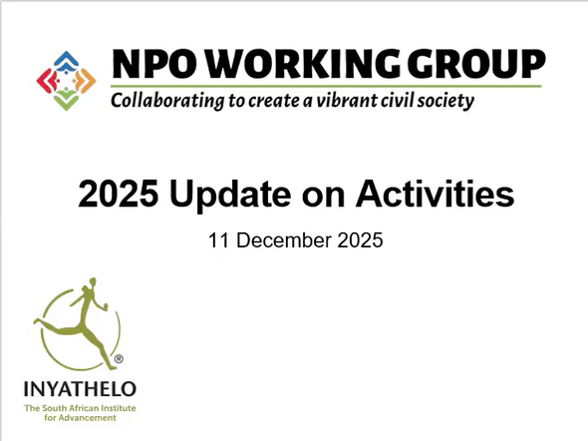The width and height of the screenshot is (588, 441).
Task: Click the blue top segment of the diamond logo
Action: coord(66,60)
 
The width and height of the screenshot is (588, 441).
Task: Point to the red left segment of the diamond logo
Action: coord(46,81)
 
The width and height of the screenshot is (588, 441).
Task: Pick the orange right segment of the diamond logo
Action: coord(86,81)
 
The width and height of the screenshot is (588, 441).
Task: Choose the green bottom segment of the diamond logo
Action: coord(66,101)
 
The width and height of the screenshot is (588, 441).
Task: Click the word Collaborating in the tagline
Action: coord(167,101)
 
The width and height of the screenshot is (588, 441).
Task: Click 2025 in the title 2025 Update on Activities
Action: coord(119,194)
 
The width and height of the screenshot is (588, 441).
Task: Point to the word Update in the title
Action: coord(230,195)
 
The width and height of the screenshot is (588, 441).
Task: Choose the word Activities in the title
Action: coord(435,194)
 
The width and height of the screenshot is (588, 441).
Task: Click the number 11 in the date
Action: coord(216,240)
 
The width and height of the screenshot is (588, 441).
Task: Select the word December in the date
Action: coord(284,240)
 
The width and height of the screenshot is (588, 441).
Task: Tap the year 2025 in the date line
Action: coord(360,240)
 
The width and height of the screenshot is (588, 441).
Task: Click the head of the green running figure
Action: coord(92,282)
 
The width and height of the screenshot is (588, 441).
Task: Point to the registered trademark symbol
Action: coord(119,359)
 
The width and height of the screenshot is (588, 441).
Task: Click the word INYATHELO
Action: coord(80,389)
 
